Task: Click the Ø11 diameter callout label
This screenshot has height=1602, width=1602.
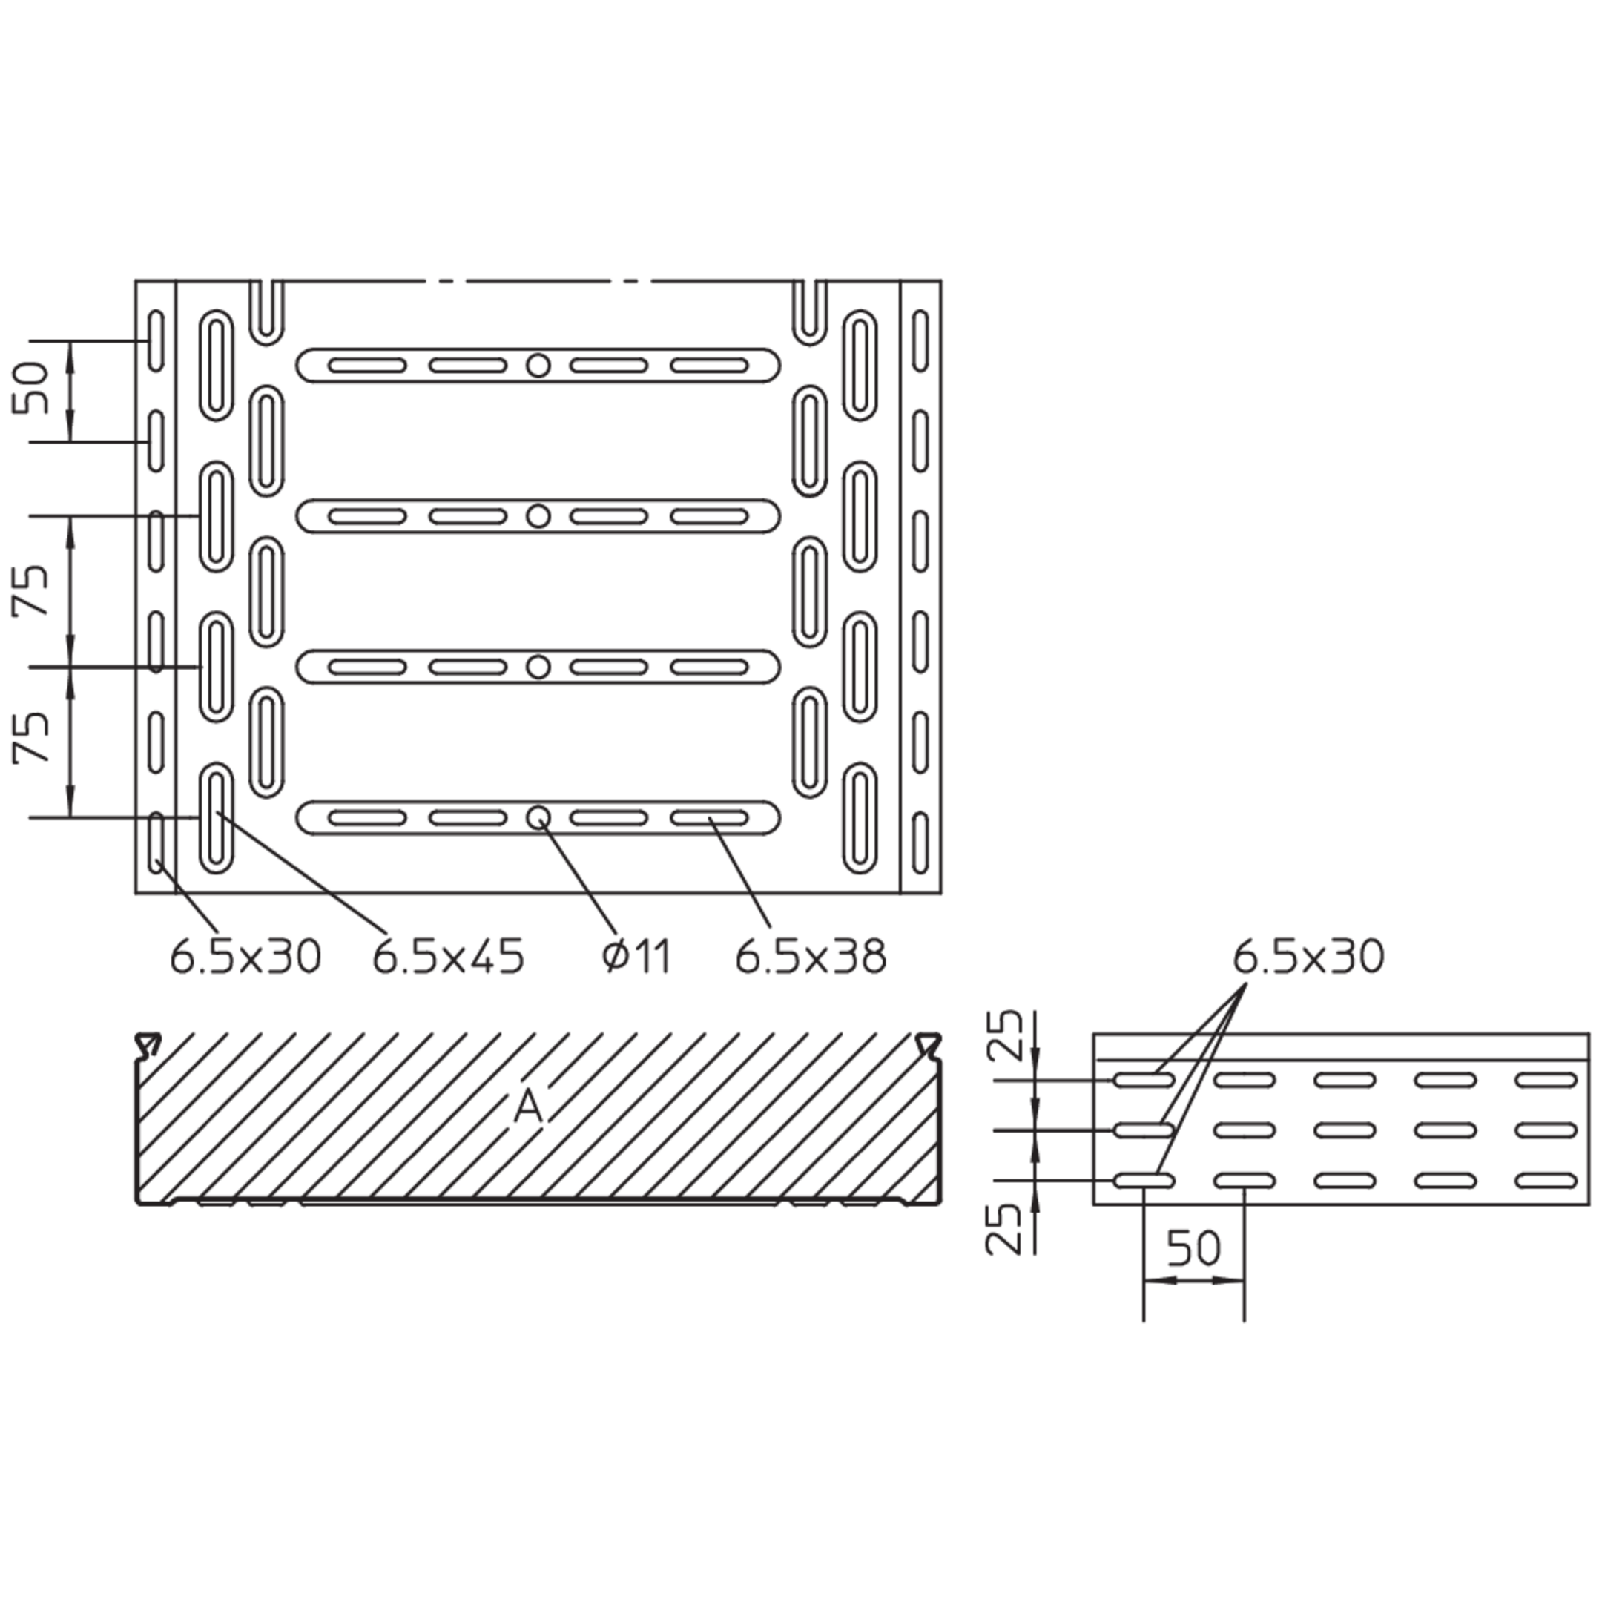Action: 636,957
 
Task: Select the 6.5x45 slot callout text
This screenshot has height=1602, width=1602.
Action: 449,957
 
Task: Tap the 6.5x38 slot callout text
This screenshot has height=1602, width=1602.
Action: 811,957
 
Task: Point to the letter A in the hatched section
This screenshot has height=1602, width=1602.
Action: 528,1106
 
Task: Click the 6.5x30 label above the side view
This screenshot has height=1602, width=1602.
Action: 1308,957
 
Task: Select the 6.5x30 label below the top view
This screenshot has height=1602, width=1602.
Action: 245,957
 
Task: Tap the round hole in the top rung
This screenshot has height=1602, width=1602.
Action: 539,365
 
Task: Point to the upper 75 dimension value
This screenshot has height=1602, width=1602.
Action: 31,590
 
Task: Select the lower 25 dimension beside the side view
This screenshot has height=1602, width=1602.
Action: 1004,1228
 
